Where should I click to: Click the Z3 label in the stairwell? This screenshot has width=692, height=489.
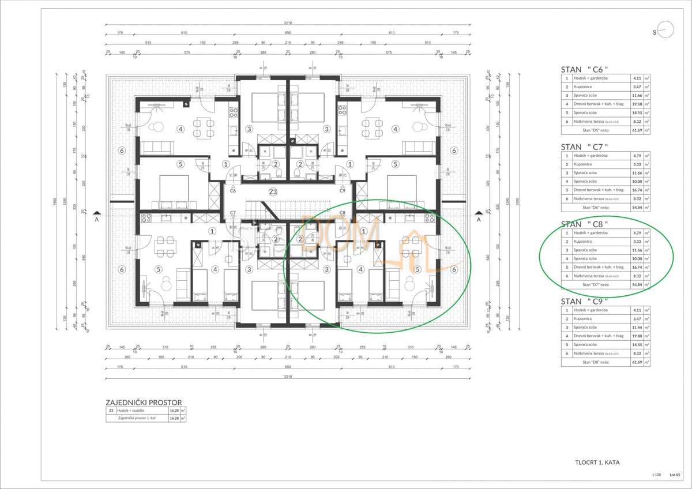tap(273, 192)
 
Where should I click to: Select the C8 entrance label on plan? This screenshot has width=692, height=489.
tap(343, 213)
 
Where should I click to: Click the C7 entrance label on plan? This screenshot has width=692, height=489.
tap(232, 213)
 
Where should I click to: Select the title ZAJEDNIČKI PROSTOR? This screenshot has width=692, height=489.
tap(144, 403)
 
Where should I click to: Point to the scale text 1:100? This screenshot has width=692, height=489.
tap(655, 475)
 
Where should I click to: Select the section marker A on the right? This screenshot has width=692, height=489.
tap(478, 219)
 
